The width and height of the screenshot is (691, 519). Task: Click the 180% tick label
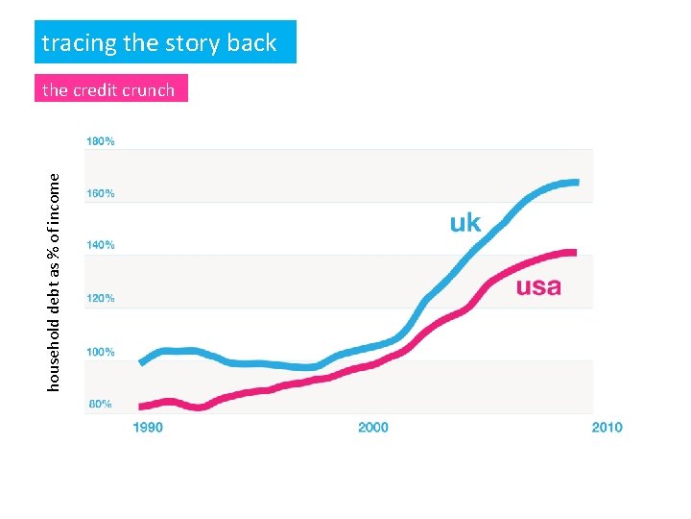click(101, 140)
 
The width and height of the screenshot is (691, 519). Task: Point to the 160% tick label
click(101, 193)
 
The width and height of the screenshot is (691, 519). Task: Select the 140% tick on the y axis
click(101, 246)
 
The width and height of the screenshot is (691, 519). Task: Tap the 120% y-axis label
click(101, 299)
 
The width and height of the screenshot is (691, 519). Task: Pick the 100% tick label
click(101, 352)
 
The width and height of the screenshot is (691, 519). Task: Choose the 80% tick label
click(101, 405)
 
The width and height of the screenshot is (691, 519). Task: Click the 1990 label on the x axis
click(148, 427)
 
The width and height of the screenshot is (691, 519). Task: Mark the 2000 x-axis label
click(372, 427)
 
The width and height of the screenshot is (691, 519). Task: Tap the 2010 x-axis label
click(607, 427)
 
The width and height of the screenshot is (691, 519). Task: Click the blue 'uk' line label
click(465, 223)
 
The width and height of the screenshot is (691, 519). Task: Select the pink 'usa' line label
click(538, 286)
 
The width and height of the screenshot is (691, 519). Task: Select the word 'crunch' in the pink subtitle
click(150, 90)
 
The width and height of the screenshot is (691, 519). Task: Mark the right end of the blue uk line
click(576, 182)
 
